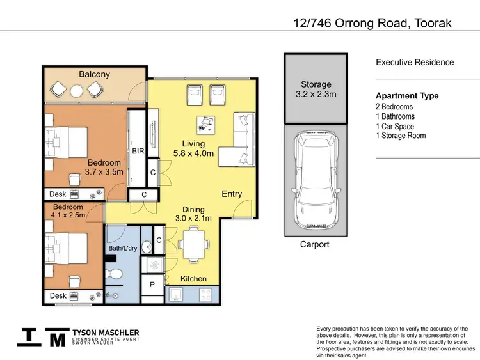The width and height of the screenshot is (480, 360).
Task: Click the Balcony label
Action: point(94,74)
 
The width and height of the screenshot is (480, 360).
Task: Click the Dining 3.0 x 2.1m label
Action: point(193,214)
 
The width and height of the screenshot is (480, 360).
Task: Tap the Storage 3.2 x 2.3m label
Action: point(316,89)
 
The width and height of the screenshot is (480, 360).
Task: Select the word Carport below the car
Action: point(315,244)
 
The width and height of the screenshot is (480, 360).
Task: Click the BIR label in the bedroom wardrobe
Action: point(138,152)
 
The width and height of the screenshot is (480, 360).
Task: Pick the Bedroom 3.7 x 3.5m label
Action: point(103,168)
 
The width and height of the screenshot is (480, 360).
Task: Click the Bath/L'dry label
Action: point(122,248)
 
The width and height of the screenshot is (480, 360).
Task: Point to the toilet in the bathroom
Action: point(116,274)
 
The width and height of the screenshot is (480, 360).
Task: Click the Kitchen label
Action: point(193,279)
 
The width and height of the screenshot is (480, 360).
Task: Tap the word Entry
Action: point(232,194)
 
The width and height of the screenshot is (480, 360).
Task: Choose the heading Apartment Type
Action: point(407,96)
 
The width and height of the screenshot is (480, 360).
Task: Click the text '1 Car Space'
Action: point(394,126)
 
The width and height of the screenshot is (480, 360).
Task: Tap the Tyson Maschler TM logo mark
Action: point(43,337)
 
